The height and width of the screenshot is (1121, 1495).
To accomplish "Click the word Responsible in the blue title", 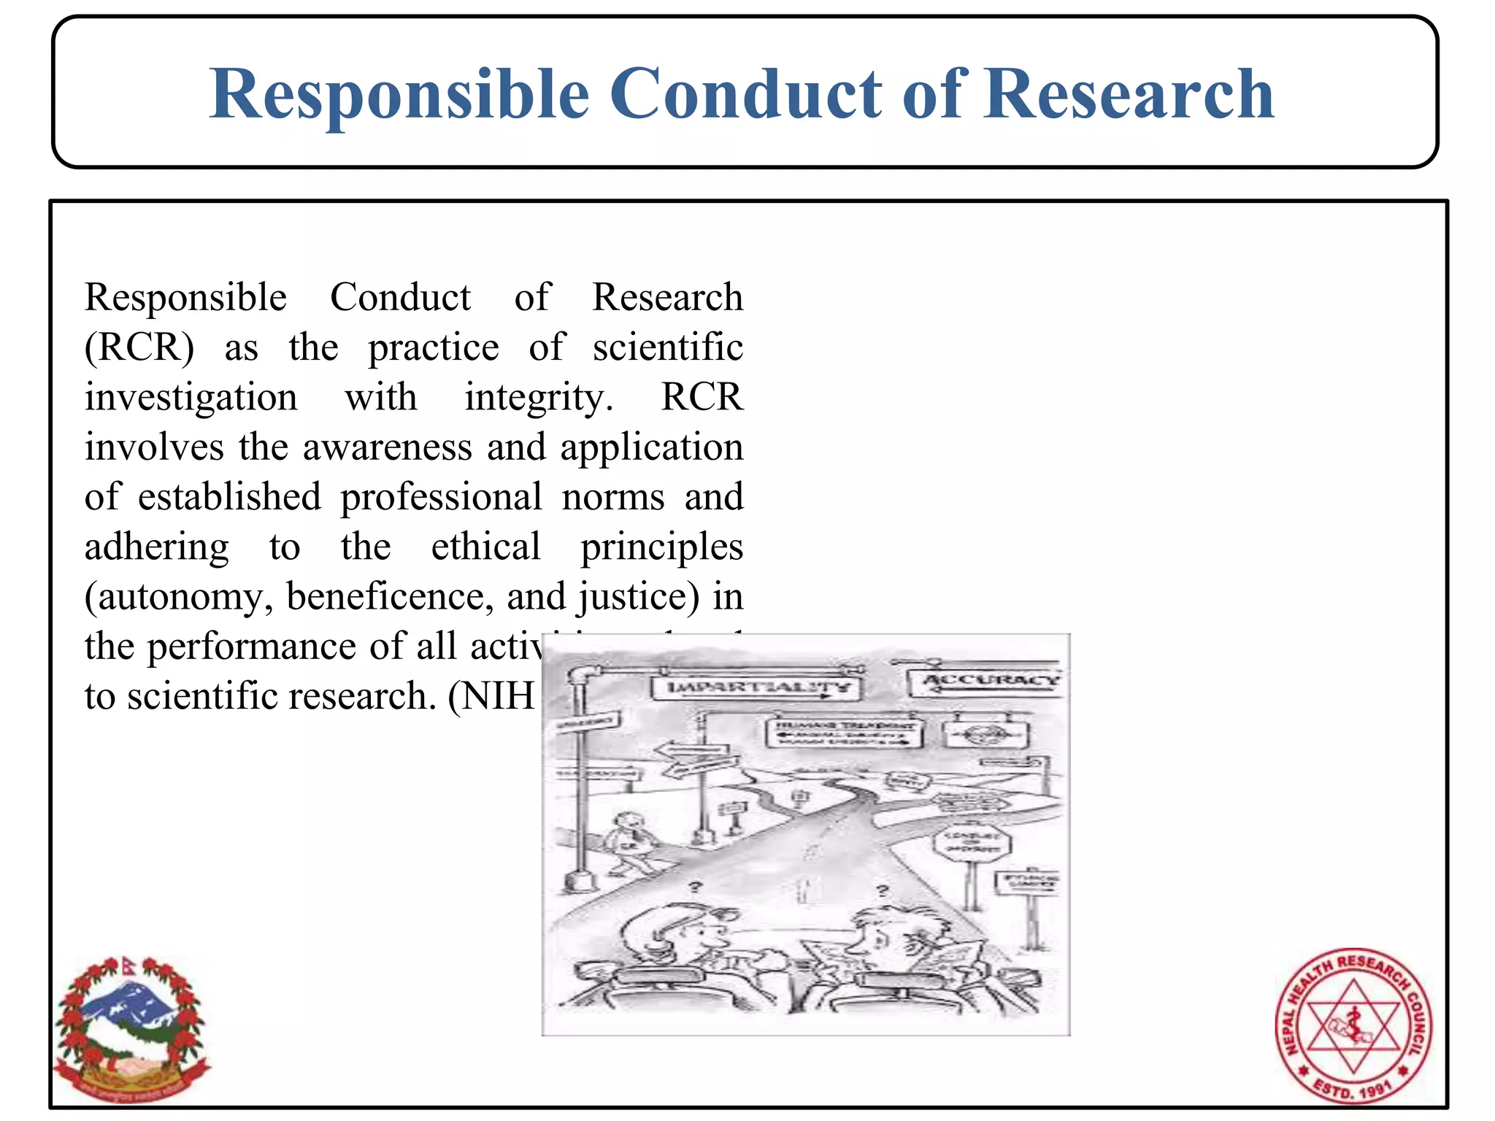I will click(x=399, y=95).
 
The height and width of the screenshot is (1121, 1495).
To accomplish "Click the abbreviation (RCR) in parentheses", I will click(x=139, y=347).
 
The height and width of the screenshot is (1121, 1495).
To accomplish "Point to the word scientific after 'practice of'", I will click(x=667, y=347).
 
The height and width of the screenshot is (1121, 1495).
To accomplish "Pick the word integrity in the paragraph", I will click(x=538, y=398).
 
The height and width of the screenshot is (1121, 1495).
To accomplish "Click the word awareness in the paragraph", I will click(x=387, y=447).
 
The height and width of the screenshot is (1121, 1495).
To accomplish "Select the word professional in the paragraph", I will click(x=441, y=497).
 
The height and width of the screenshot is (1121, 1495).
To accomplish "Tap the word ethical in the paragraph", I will click(x=485, y=547).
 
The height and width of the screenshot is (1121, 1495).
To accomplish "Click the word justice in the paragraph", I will click(x=634, y=597).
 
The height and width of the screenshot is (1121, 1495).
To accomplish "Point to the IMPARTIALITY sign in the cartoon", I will click(x=756, y=687).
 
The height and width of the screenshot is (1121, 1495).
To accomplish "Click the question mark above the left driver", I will click(x=696, y=887).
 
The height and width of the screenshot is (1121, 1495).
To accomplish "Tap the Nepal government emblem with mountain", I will click(x=131, y=1029).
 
